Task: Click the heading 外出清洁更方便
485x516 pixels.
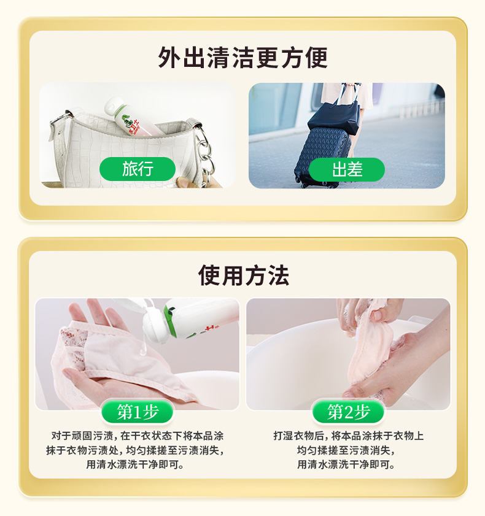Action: click(243, 58)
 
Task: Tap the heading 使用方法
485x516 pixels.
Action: click(243, 275)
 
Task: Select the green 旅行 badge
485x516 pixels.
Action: click(138, 169)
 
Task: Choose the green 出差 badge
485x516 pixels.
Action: click(347, 169)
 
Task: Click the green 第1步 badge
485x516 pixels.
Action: click(138, 412)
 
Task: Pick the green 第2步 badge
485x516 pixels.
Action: click(348, 412)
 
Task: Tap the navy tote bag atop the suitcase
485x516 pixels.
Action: click(333, 117)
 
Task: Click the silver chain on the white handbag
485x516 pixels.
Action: click(204, 152)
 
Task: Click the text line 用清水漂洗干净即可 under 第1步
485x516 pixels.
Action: click(135, 464)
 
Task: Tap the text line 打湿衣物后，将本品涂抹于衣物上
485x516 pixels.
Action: click(348, 436)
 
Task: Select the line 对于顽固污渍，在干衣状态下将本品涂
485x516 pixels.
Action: click(138, 436)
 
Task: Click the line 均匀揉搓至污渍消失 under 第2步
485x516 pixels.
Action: click(346, 450)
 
